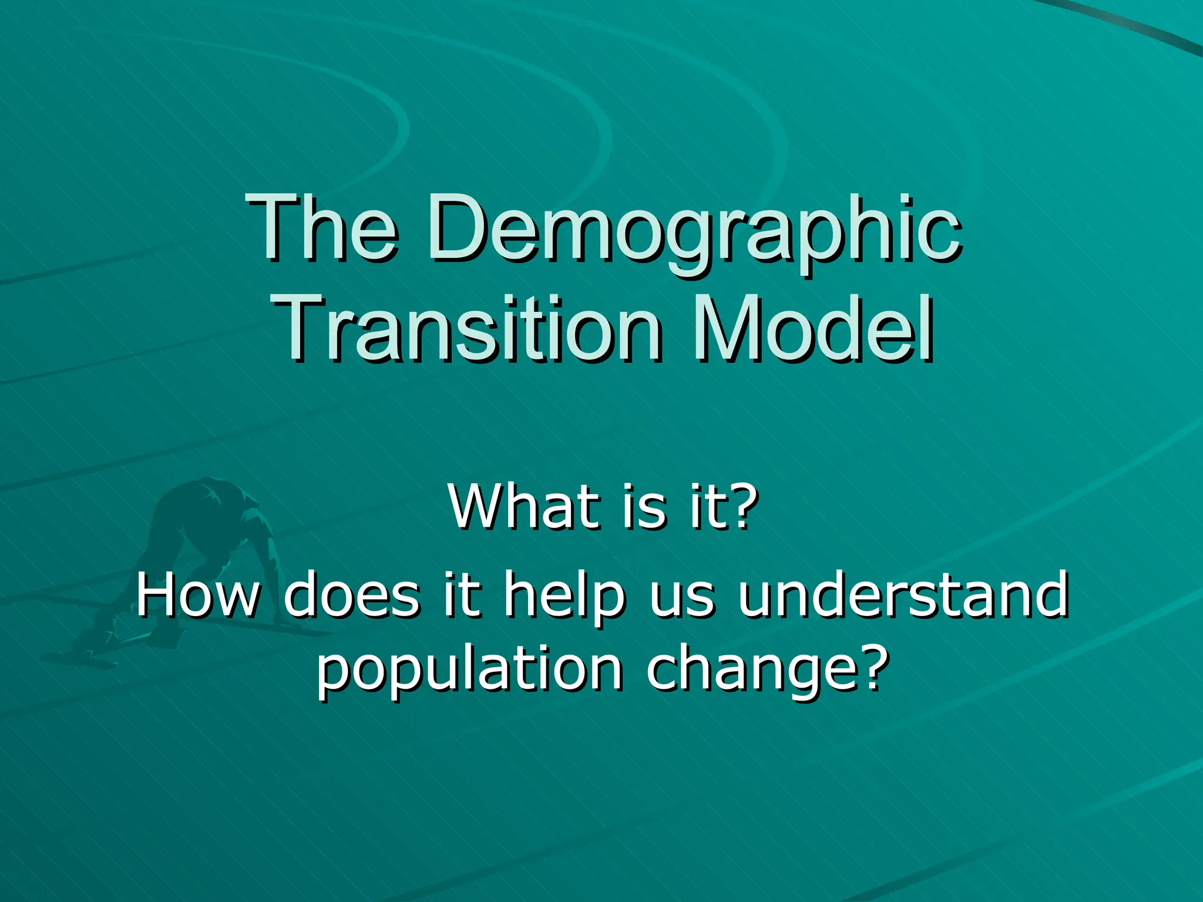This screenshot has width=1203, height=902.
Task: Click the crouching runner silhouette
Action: point(200,546)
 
